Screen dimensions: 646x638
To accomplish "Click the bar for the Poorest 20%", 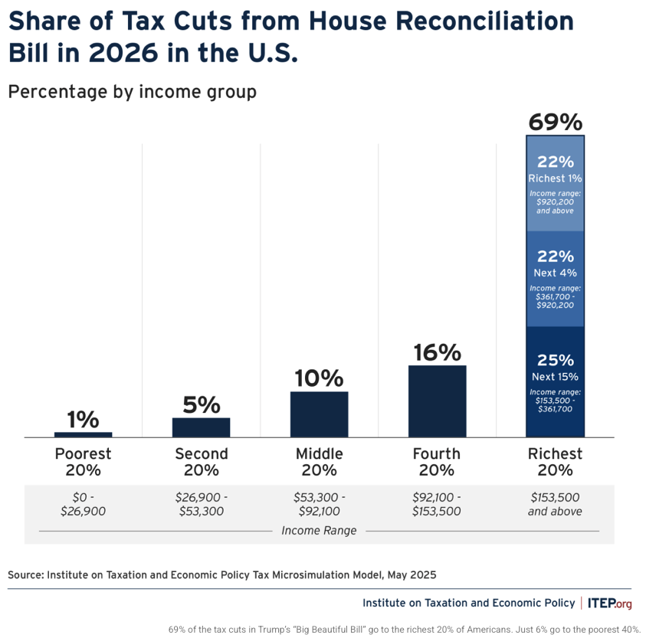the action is point(84,434).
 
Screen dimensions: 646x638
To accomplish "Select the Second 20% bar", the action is point(201,427).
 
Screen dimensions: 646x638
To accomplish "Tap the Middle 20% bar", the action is point(320,414).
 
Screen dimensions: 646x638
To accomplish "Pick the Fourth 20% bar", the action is point(437,401).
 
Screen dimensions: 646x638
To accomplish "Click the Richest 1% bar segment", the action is point(555,183).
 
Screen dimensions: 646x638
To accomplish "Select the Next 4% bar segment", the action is point(555,279).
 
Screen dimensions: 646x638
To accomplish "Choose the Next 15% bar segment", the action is point(555,382).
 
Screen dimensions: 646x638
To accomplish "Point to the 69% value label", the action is point(556,123).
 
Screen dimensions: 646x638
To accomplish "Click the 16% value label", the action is point(437,352).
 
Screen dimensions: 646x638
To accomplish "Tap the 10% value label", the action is point(319,378).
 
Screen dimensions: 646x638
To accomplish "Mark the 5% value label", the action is point(202,404).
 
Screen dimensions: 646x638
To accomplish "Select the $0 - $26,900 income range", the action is point(84,504).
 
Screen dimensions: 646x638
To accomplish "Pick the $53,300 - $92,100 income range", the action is point(320,504).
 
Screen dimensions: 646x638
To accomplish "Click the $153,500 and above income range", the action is point(555,504).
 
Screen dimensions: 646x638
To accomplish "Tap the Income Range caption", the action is point(319,531).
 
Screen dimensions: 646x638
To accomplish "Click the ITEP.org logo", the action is point(610,604).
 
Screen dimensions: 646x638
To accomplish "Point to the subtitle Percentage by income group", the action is point(133,92).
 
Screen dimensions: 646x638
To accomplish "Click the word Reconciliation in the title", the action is point(484,21).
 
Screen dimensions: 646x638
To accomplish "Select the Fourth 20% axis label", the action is point(437,462).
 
